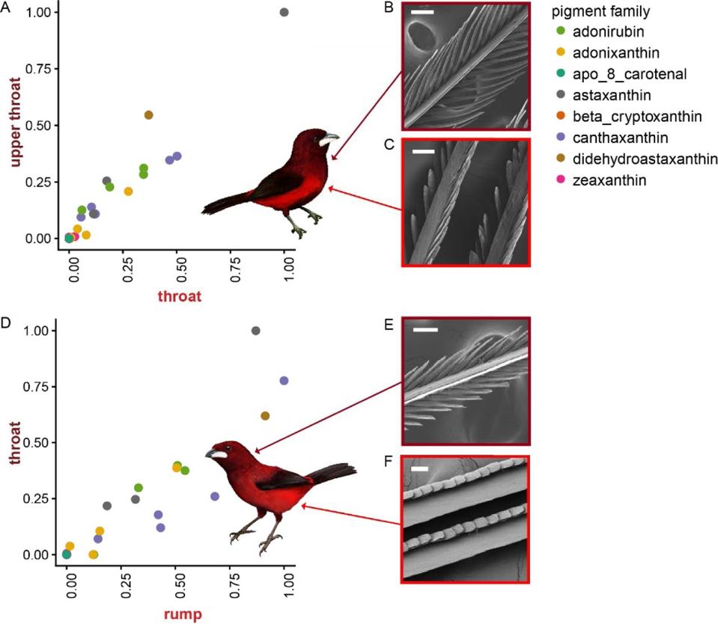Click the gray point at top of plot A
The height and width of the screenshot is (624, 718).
click(x=285, y=12)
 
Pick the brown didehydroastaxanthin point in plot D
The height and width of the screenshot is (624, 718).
click(x=265, y=416)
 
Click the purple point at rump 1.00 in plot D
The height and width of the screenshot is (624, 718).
click(x=285, y=381)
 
